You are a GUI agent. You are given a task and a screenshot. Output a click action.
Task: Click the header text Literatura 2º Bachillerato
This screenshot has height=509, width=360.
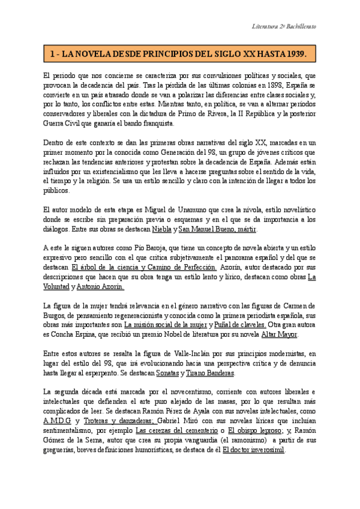(x=283, y=28)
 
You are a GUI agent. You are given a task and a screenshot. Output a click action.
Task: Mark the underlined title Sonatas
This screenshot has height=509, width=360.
(x=165, y=373)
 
